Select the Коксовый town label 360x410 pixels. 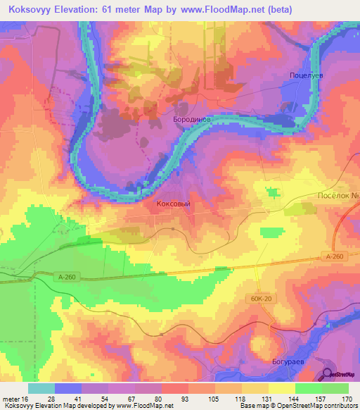tap(172, 202)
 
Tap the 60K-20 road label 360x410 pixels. tap(259, 299)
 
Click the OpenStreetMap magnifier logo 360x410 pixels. tap(328, 375)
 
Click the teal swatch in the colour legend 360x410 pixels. tap(41, 389)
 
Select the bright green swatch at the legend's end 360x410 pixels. tap(335, 389)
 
